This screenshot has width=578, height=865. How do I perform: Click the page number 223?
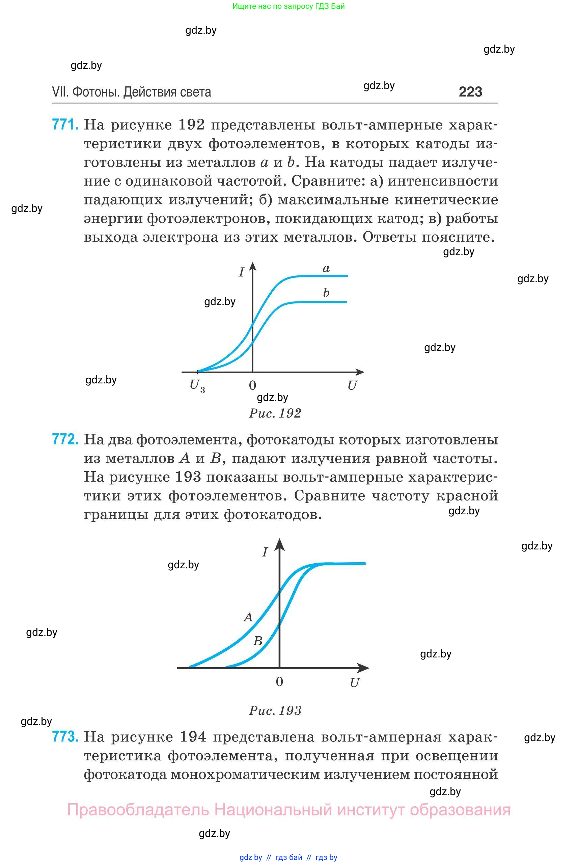tap(470, 92)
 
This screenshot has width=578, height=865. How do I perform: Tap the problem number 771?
tap(65, 125)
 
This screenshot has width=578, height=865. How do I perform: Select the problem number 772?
tap(65, 439)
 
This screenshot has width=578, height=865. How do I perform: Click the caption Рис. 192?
tap(275, 413)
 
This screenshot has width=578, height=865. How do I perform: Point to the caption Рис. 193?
tap(275, 710)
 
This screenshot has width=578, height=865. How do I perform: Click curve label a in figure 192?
tap(326, 268)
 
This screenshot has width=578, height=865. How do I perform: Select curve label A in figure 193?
tap(248, 617)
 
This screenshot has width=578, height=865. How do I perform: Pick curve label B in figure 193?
tap(258, 641)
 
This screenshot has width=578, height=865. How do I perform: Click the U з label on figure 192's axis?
tap(197, 386)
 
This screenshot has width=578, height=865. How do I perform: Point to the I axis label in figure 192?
tap(242, 272)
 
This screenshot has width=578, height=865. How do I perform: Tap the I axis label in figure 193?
tap(265, 552)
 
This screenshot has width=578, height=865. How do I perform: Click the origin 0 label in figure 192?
tap(252, 385)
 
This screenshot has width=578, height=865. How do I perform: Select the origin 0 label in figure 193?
tap(279, 681)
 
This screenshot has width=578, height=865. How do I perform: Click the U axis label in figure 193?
tap(354, 683)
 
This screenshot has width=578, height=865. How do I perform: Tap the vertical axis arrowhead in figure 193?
tap(279, 545)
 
